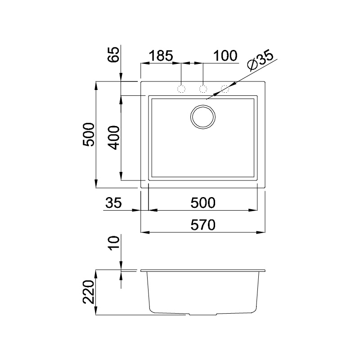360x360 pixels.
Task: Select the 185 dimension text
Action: (x=161, y=56)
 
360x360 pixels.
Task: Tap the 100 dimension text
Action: (x=225, y=56)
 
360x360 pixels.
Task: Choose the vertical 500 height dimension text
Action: (x=89, y=134)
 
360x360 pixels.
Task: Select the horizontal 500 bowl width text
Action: (x=202, y=202)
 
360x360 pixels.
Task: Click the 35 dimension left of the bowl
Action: (x=113, y=202)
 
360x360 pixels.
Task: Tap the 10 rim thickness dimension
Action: (x=115, y=243)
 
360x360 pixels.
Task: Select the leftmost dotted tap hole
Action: (x=181, y=89)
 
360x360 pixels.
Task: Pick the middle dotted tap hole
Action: (x=203, y=89)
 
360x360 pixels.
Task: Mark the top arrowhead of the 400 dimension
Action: (x=121, y=99)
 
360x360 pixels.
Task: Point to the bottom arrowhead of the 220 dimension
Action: (x=96, y=312)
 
